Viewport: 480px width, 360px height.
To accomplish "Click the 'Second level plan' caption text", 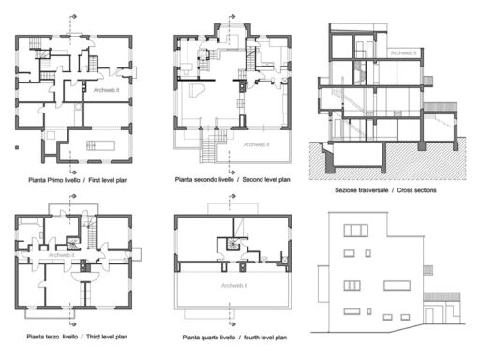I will (x=232, y=178).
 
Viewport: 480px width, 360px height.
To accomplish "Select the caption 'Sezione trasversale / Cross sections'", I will (x=385, y=189).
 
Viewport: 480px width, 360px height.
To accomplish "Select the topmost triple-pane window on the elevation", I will (x=355, y=230).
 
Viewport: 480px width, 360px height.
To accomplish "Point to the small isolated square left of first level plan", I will (x=14, y=147).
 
